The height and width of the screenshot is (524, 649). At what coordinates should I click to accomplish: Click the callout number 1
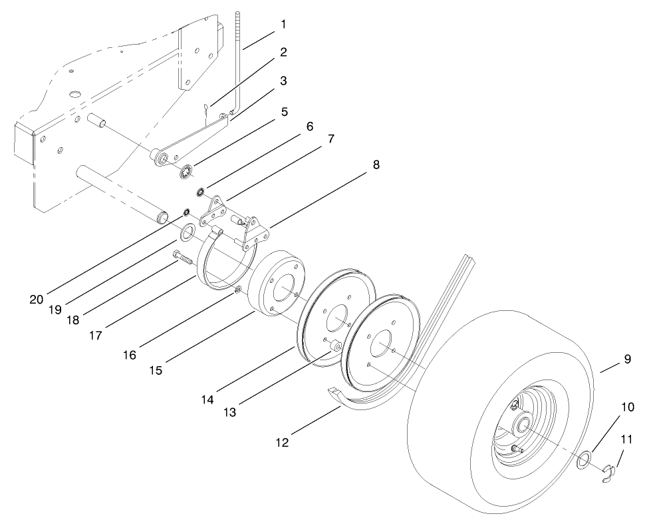[x=284, y=25]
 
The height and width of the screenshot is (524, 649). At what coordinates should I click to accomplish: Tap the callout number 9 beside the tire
[x=626, y=359]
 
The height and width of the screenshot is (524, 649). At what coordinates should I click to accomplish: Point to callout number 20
[x=36, y=300]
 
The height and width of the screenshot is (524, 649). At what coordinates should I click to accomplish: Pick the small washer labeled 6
[x=199, y=193]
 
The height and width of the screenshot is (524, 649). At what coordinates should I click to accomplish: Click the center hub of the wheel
[x=521, y=423]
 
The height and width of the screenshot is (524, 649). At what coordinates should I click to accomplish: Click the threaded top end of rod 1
[x=238, y=20]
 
